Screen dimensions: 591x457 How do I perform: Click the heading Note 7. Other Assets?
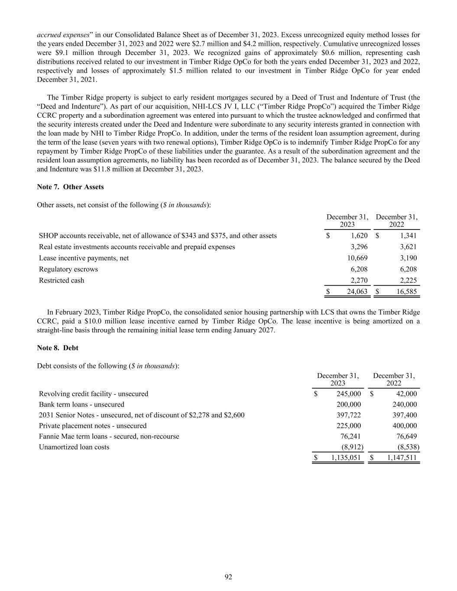coord(71,187)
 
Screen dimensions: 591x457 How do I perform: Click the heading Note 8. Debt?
coord(58,348)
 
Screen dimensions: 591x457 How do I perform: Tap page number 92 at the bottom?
coord(229,577)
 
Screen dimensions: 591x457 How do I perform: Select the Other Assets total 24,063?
coord(357,292)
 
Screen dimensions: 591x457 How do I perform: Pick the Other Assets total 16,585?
coord(407,292)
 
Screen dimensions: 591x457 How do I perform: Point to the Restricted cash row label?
coord(62,281)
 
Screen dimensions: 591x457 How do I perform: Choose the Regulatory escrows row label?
coord(68,269)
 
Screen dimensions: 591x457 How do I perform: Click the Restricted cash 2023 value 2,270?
coord(359,281)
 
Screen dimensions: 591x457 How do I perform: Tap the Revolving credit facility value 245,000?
coord(349,394)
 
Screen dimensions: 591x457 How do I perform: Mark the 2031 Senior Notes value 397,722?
coord(349,415)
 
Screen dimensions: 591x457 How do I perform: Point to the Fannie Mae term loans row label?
coord(109,436)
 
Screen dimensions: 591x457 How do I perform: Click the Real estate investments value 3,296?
coord(359,247)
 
